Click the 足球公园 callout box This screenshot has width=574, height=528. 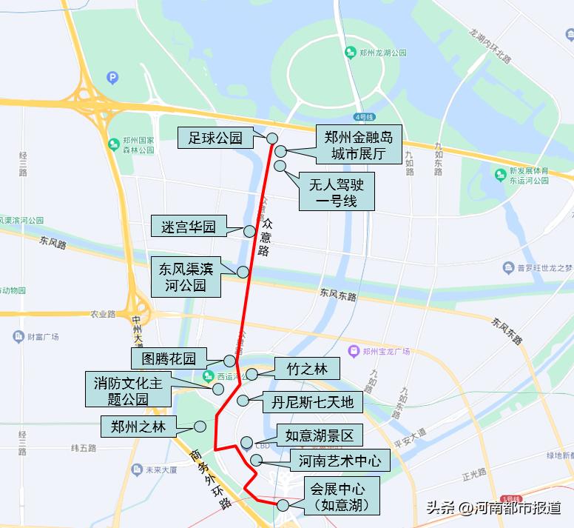point(215,138)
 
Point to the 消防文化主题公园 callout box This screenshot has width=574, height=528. point(127,390)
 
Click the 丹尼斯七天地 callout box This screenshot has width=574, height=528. point(312,403)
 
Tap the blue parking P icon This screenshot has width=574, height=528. point(112,76)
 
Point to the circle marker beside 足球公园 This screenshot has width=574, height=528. point(271,138)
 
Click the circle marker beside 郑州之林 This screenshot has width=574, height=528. point(200,427)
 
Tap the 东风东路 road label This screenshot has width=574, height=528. point(338,295)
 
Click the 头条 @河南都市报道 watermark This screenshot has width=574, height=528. point(493,508)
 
